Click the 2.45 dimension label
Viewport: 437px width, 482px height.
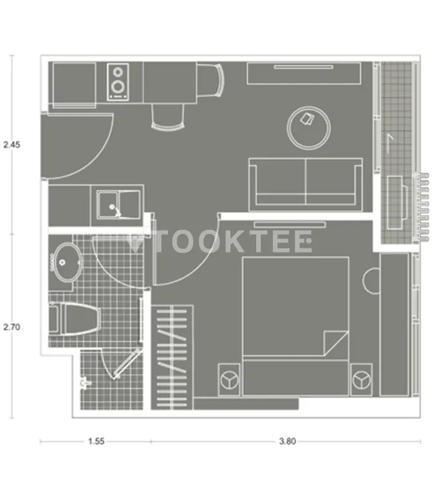(12, 145)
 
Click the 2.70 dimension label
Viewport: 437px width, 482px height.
(12, 327)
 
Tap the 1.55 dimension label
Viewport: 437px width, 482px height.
(97, 442)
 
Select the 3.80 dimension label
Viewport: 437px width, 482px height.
(288, 442)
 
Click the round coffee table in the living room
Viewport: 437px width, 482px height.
(309, 128)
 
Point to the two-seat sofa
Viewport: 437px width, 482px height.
(306, 184)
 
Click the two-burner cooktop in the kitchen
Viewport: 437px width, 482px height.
(118, 82)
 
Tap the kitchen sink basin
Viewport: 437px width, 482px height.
(118, 204)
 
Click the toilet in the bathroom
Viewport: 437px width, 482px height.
(75, 319)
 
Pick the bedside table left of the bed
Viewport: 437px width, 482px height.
(229, 380)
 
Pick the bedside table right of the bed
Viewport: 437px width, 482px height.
(361, 380)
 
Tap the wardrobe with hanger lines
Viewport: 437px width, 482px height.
(172, 357)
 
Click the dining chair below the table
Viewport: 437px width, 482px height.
(168, 117)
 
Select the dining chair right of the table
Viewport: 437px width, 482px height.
(210, 80)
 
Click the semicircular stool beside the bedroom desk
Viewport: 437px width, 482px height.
(371, 281)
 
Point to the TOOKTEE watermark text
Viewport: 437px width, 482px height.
(220, 241)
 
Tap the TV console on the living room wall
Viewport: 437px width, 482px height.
(304, 73)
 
